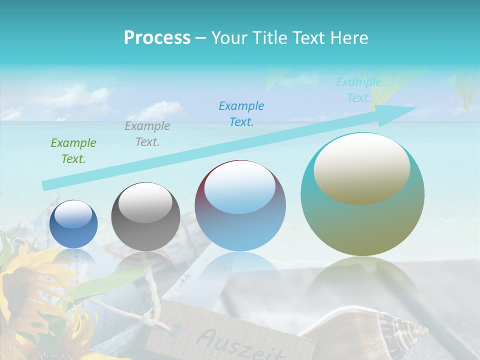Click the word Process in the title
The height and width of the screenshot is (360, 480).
click(x=157, y=38)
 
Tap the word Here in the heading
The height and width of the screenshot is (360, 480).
click(x=349, y=38)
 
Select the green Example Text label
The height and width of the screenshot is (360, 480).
click(x=73, y=151)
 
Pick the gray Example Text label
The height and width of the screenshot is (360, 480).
click(x=147, y=134)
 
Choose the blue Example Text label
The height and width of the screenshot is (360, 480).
click(x=241, y=113)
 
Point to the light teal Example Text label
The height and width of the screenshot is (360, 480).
click(x=358, y=90)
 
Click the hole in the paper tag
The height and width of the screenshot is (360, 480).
click(x=175, y=330)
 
